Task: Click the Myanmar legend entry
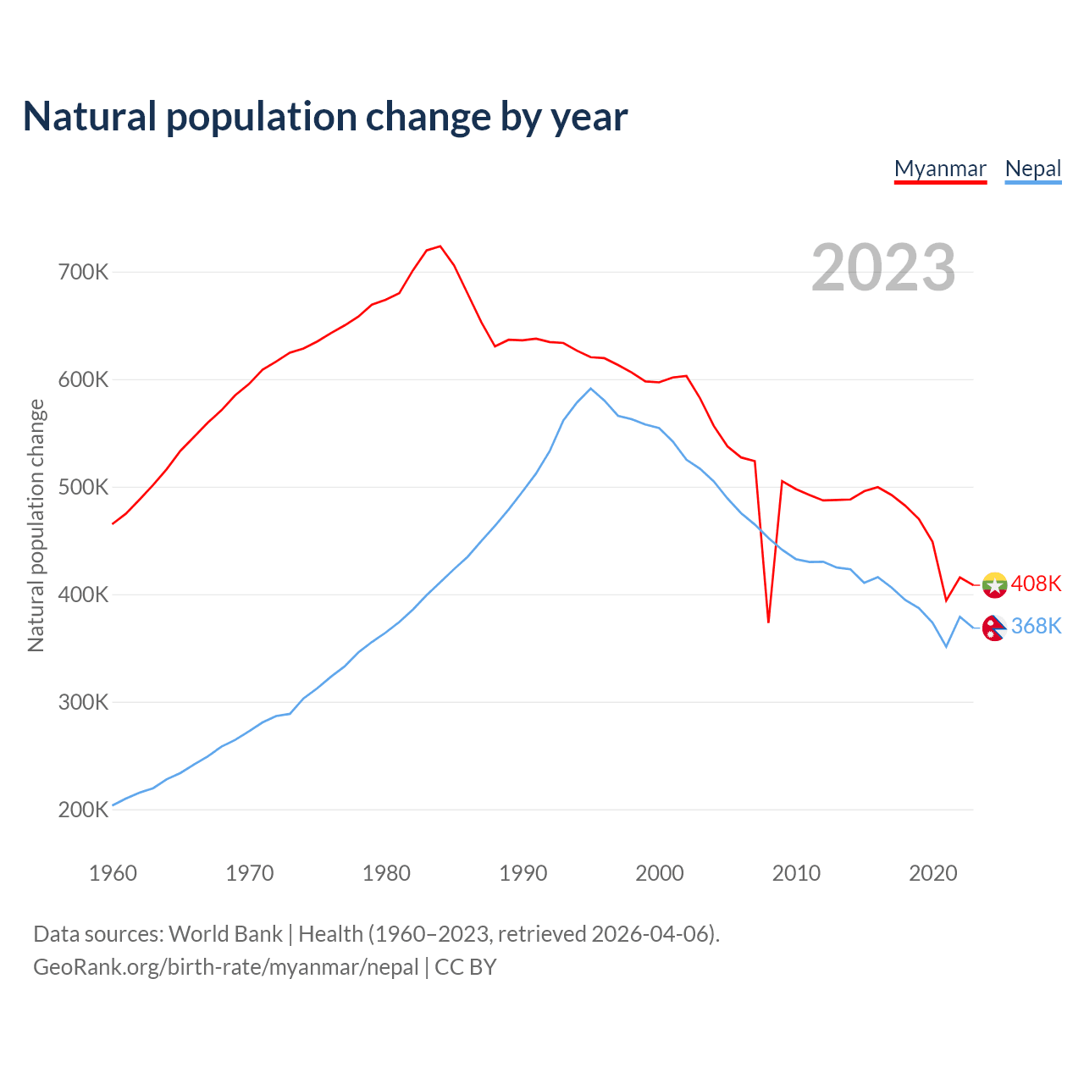pyautogui.click(x=940, y=169)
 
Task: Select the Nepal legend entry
pyautogui.click(x=1032, y=169)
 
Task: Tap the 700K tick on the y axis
pyautogui.click(x=83, y=273)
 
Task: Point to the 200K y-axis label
pyautogui.click(x=83, y=810)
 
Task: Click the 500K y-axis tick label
pyautogui.click(x=83, y=488)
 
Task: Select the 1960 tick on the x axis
pyautogui.click(x=113, y=873)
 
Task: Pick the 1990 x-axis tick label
pyautogui.click(x=523, y=873)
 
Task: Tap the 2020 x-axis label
pyautogui.click(x=932, y=873)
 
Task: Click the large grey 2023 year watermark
pyautogui.click(x=883, y=268)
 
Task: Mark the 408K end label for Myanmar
pyautogui.click(x=1036, y=583)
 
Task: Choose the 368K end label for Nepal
pyautogui.click(x=1036, y=626)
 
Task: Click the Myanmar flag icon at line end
pyautogui.click(x=994, y=584)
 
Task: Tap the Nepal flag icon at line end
pyautogui.click(x=994, y=628)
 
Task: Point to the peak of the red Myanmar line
pyautogui.click(x=440, y=246)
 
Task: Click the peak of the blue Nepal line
pyautogui.click(x=590, y=389)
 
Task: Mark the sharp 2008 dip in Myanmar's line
pyautogui.click(x=768, y=622)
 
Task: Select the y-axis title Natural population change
pyautogui.click(x=36, y=526)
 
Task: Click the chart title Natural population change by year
pyautogui.click(x=325, y=117)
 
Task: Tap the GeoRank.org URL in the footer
pyautogui.click(x=226, y=967)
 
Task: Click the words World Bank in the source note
pyautogui.click(x=225, y=934)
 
